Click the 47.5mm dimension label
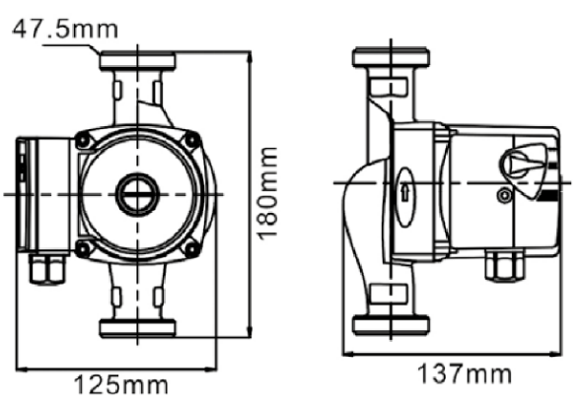65,30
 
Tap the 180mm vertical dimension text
267,194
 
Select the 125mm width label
121,384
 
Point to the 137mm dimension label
465,373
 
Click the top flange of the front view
137,61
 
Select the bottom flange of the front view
137,328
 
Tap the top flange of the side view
391,57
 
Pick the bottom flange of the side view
391,325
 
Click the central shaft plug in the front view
137,194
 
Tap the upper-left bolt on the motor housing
82,140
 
